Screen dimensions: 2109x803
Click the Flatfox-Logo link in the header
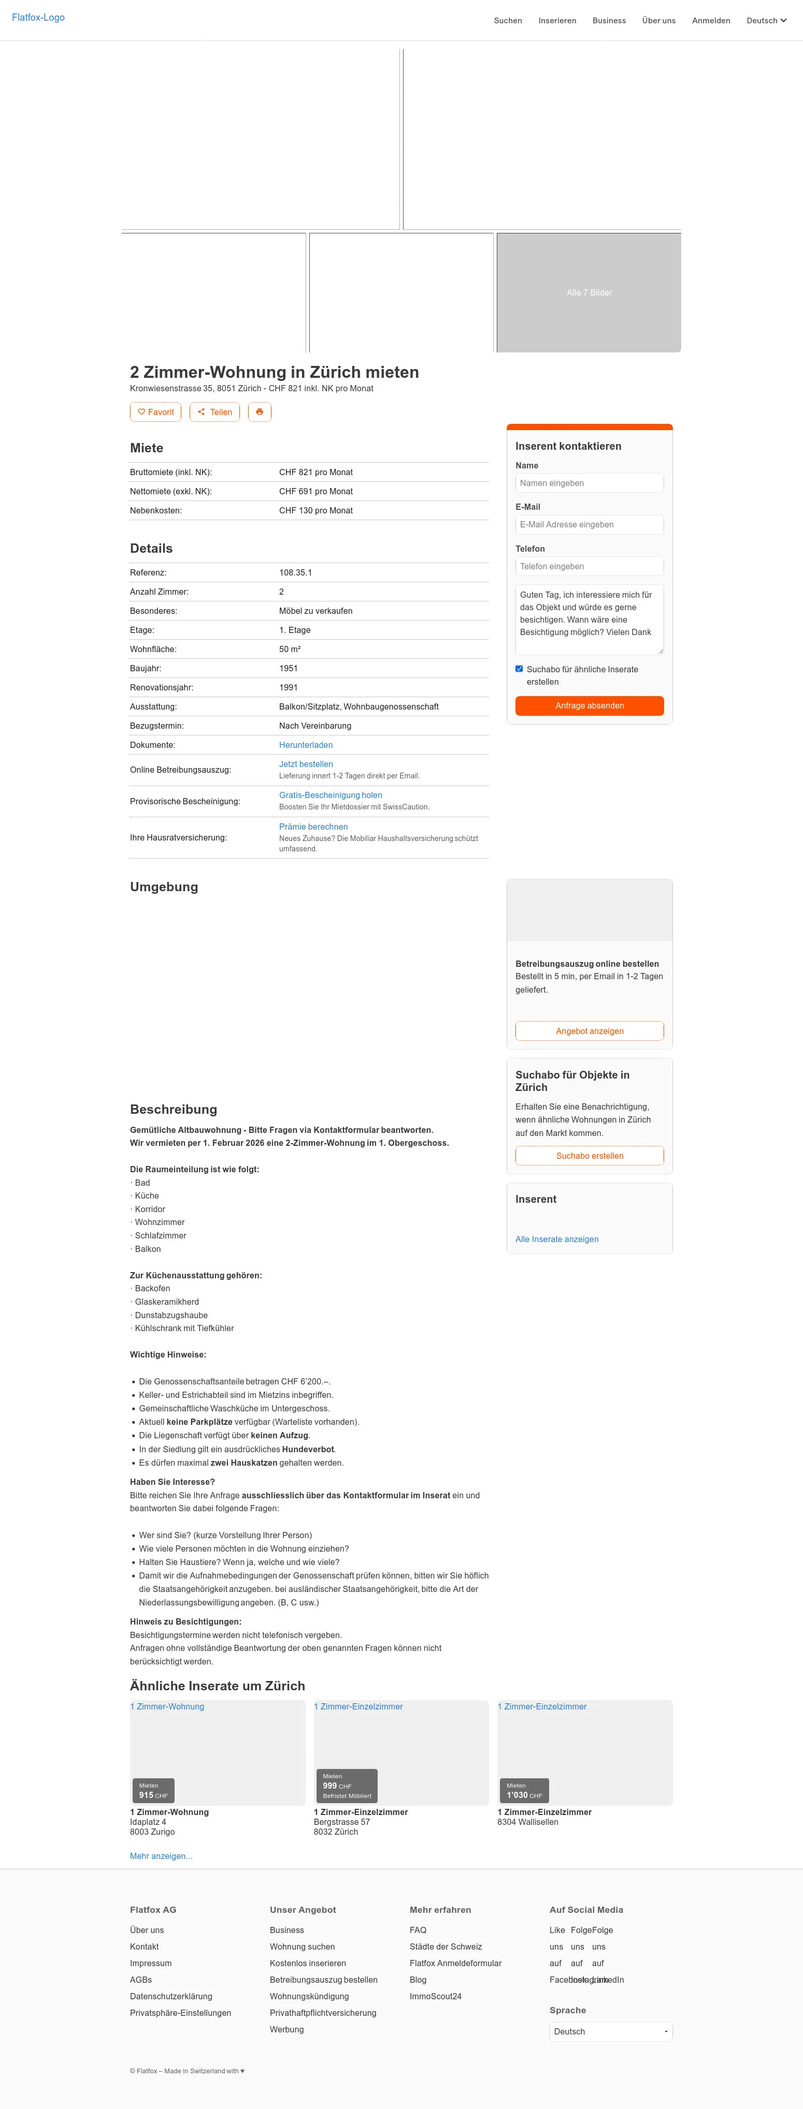[x=38, y=17]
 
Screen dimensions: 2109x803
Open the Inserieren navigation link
[x=557, y=21]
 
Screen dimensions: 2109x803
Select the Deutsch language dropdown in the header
[x=765, y=21]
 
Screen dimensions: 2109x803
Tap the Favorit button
[x=156, y=412]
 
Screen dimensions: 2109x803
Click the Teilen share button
[x=214, y=412]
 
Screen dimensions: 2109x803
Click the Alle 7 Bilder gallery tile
[x=589, y=292]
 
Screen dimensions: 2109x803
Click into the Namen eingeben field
[x=589, y=483]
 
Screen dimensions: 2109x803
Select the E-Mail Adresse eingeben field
[x=589, y=525]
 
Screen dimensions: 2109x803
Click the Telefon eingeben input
[x=589, y=567]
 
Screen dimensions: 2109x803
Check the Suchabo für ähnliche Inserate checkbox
[x=519, y=669]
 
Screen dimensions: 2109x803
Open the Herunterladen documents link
[x=306, y=745]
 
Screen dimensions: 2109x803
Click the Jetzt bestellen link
[x=306, y=764]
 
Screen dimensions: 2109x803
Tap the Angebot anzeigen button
[x=589, y=1031]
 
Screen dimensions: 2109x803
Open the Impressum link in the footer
[x=151, y=1963]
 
